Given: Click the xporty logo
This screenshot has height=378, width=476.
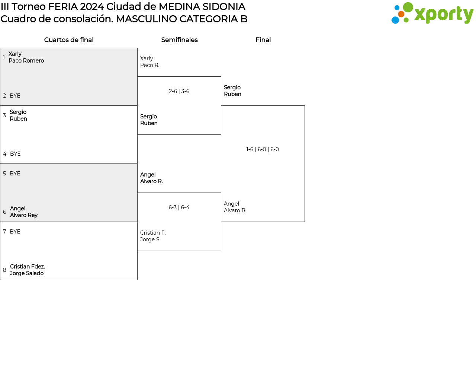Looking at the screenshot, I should (432, 13).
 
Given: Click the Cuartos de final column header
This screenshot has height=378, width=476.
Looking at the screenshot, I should (69, 40).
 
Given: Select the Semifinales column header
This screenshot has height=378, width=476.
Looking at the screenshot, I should (179, 40).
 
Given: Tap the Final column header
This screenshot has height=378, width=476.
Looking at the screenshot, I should (263, 40).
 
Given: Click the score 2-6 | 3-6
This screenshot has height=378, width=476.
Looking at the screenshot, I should (179, 91).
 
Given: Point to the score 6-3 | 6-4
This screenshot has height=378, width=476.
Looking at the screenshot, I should (179, 207).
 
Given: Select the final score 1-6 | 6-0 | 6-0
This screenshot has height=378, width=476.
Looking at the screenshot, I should (263, 149).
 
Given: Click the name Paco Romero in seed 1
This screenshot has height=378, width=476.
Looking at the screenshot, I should (26, 61).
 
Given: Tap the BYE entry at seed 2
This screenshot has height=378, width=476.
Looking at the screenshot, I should (15, 96).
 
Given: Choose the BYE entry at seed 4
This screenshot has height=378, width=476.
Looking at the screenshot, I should (15, 154).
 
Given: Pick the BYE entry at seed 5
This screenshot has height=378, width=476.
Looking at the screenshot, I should (15, 174).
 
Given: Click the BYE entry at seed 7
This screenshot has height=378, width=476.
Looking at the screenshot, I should (15, 232).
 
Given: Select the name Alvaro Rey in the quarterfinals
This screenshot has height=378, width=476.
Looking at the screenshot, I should (24, 215).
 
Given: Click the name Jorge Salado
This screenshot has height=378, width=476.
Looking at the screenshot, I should (27, 273).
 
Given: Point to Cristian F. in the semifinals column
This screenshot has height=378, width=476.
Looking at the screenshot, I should (153, 233).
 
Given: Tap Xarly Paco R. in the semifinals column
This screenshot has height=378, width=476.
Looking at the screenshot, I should (149, 62).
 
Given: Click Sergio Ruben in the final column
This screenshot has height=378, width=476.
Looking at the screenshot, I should (232, 91).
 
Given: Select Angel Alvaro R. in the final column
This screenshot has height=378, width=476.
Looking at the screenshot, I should (235, 207).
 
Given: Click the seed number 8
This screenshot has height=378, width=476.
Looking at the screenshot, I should (4, 270).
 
